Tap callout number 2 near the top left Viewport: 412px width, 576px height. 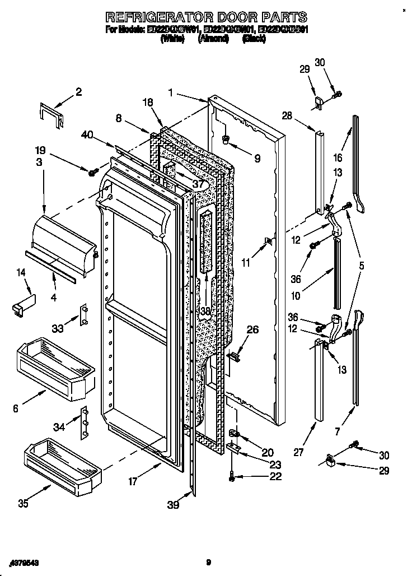(78, 92)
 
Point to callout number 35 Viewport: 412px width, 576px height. (23, 503)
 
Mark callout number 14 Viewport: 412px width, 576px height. (21, 272)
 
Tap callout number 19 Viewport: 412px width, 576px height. (40, 151)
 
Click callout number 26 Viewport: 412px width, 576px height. (252, 329)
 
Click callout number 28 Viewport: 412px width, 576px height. (287, 116)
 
